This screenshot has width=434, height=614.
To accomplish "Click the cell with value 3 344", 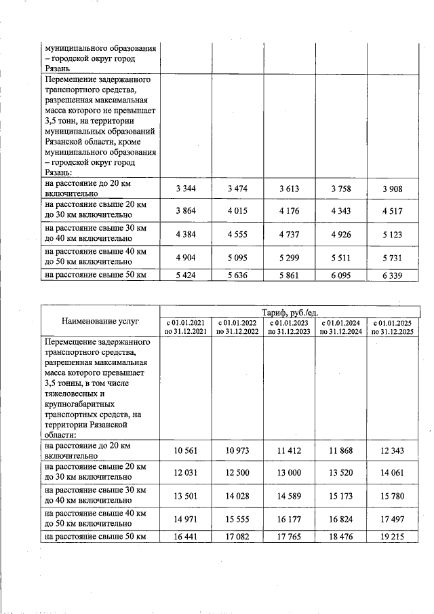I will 185,189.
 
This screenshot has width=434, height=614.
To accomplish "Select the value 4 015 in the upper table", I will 238,211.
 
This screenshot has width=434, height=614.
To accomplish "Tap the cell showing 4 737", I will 290,234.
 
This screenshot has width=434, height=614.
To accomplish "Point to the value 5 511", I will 341,256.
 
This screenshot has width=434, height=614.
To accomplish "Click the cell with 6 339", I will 392,275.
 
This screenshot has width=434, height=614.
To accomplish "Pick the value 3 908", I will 392,189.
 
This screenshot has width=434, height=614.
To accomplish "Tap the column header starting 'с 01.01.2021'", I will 186,326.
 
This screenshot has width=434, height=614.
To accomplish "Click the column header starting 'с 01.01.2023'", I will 290,326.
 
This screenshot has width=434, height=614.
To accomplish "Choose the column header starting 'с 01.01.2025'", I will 393,326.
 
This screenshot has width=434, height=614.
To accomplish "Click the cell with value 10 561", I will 185,450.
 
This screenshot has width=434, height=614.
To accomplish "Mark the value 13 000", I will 290,473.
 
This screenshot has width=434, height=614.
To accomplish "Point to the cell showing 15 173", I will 341,496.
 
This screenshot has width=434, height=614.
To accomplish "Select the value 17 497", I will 392,518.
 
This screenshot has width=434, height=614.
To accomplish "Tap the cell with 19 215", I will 392,537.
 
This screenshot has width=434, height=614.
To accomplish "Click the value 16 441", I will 185,537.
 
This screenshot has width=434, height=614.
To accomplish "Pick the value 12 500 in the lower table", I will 238,473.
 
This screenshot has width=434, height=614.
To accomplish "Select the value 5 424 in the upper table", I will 185,275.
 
